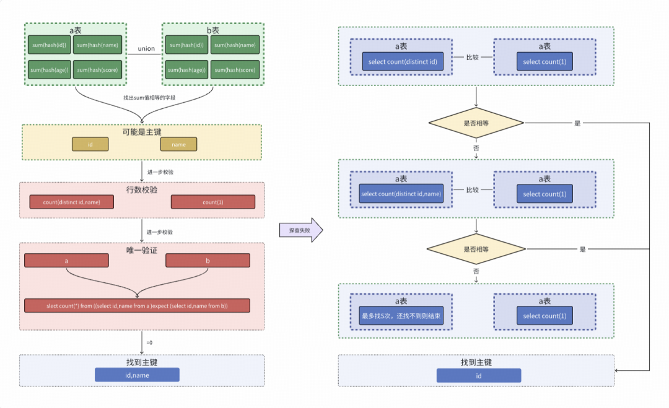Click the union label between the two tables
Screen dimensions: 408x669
tap(146, 49)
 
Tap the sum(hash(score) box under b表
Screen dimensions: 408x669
tap(234, 70)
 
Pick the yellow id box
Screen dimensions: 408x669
tap(90, 144)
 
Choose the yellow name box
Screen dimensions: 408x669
tap(178, 144)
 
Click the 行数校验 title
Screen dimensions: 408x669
tap(141, 189)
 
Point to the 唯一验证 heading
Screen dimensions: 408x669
tap(141, 250)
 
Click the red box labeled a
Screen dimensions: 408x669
tap(66, 261)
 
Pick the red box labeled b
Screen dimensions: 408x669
tap(208, 261)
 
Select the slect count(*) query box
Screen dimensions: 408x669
tap(137, 306)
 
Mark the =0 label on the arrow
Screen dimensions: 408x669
tap(150, 342)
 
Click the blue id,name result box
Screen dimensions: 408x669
tap(137, 375)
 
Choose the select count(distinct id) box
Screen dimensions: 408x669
tap(403, 61)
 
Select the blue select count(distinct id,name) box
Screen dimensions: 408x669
tap(401, 194)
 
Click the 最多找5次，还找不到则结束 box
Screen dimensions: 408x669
tap(401, 316)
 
